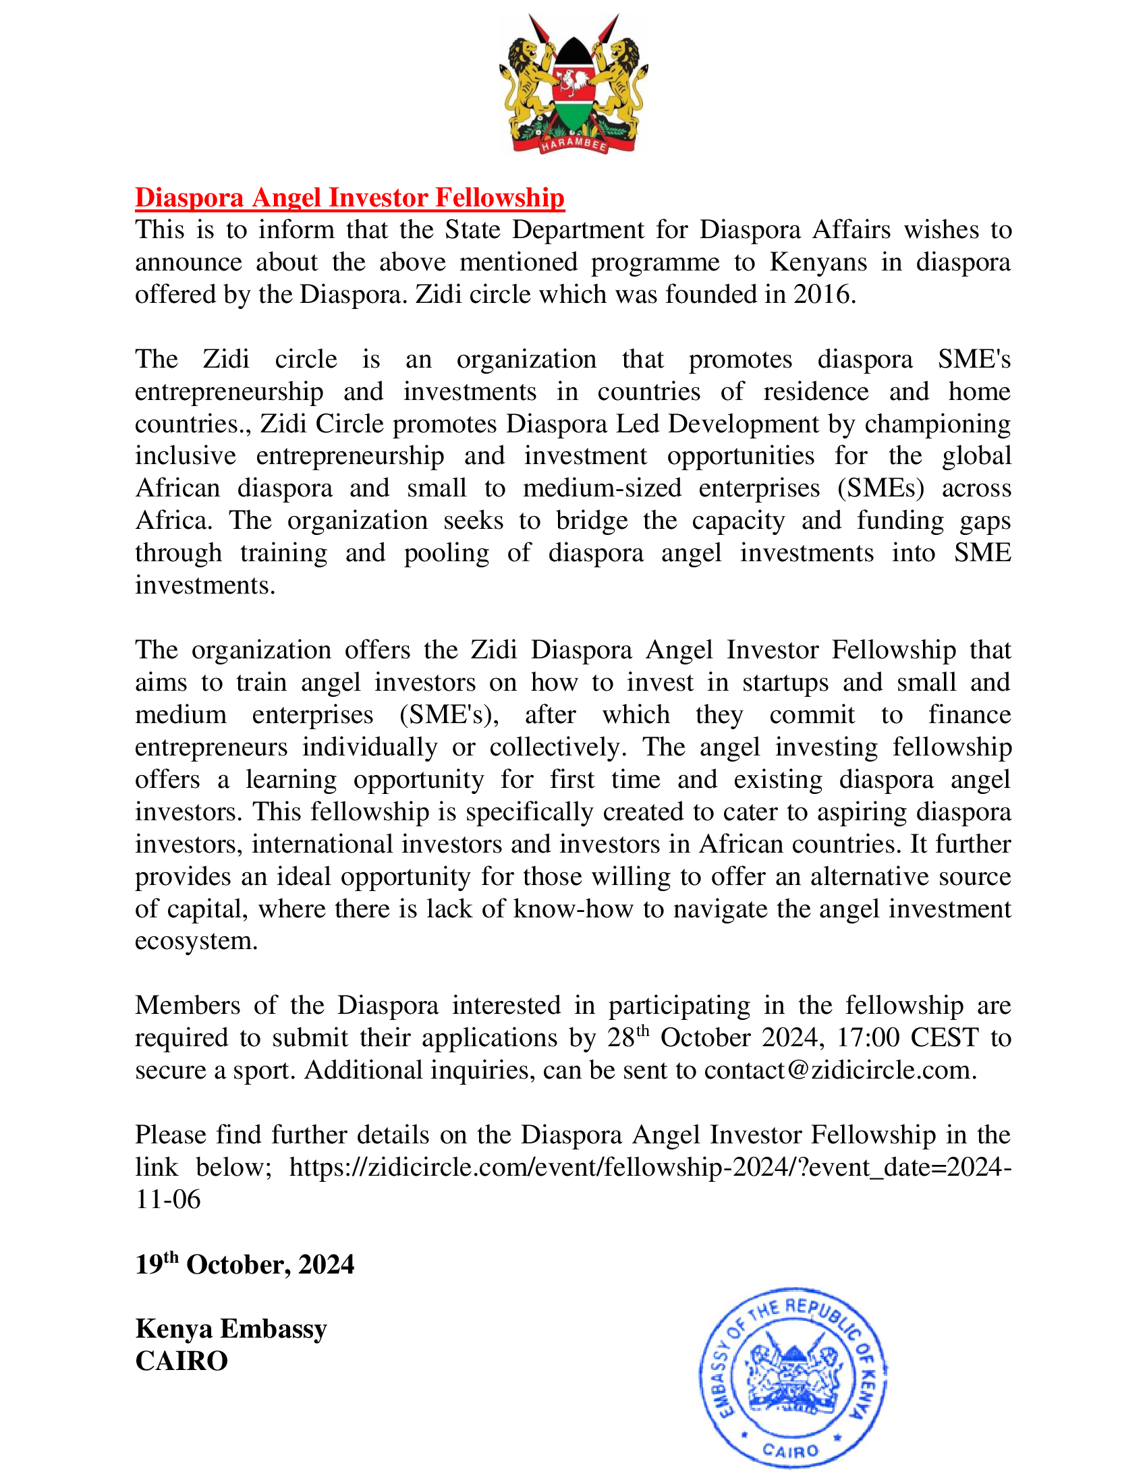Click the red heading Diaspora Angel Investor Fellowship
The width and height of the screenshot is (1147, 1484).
coord(349,198)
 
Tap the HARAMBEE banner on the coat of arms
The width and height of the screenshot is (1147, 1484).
coord(573,144)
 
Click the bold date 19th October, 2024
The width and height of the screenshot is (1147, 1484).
coord(245,1265)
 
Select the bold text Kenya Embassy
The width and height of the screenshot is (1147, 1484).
coord(231,1329)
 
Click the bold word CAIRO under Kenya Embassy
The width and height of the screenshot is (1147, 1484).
coord(181,1361)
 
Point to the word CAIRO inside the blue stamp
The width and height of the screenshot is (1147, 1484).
coord(790,1451)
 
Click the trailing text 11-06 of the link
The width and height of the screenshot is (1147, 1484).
coord(168,1199)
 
